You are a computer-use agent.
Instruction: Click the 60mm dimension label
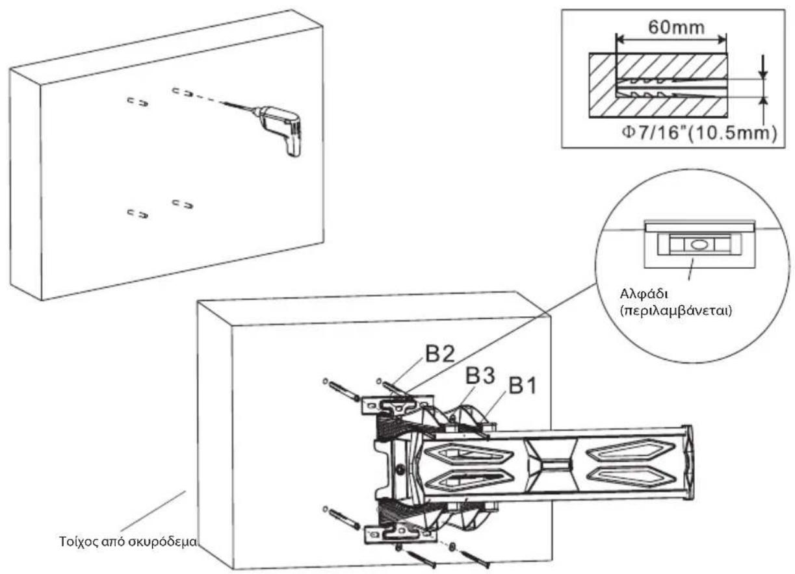pos(676,27)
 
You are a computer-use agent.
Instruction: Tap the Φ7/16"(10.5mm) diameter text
pos(699,133)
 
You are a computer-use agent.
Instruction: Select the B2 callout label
pos(440,353)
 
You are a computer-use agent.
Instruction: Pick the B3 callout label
pos(480,375)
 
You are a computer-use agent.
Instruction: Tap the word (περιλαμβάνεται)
pos(676,311)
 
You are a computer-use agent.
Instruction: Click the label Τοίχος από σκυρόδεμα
pos(127,542)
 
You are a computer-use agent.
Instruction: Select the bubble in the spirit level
pos(698,244)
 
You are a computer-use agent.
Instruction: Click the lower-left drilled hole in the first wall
pos(138,214)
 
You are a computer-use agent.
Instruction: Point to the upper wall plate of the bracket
pos(398,405)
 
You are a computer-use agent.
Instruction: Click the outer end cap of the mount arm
pos(688,462)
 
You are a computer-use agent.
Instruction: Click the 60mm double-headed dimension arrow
pos(671,40)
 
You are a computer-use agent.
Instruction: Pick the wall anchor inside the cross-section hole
pos(646,88)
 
